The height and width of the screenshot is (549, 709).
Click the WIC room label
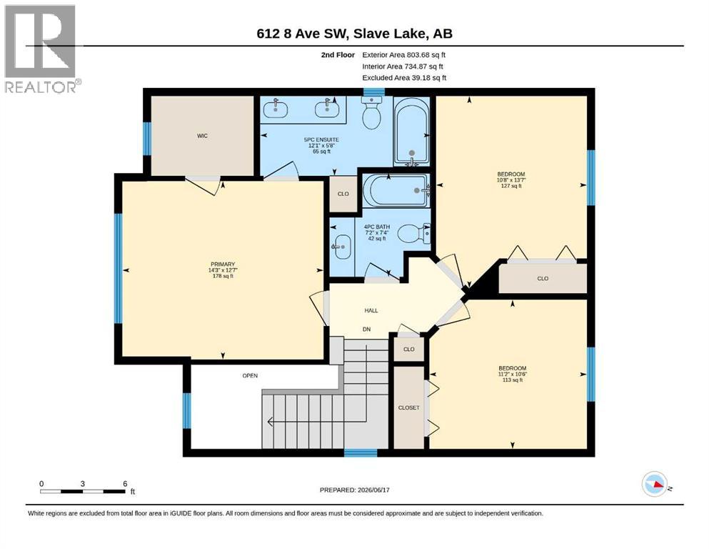point(202,136)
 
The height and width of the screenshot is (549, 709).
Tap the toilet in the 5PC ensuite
point(373,113)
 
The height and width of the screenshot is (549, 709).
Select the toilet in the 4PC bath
point(413,234)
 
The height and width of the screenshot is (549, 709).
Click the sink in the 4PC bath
point(341,247)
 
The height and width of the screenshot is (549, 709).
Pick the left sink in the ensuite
point(275,109)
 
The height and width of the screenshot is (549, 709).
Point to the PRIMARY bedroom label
point(223,264)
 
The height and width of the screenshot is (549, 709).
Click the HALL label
point(371,310)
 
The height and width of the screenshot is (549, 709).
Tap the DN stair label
point(367,329)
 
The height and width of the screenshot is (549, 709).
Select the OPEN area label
point(250,376)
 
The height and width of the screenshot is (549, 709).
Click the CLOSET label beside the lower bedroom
point(408,407)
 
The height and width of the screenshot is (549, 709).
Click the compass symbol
point(655,484)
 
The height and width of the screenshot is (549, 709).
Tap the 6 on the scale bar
point(125,483)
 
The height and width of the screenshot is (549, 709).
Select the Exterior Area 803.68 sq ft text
point(404,55)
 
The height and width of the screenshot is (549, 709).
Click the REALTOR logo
point(41,49)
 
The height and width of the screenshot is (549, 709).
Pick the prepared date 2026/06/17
point(373,490)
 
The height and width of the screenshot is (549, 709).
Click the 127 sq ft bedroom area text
point(511,186)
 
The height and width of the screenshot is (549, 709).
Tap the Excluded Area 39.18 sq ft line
point(404,77)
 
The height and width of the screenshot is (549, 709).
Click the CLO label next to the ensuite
point(343,194)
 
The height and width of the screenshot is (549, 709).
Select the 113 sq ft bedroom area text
point(513,380)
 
